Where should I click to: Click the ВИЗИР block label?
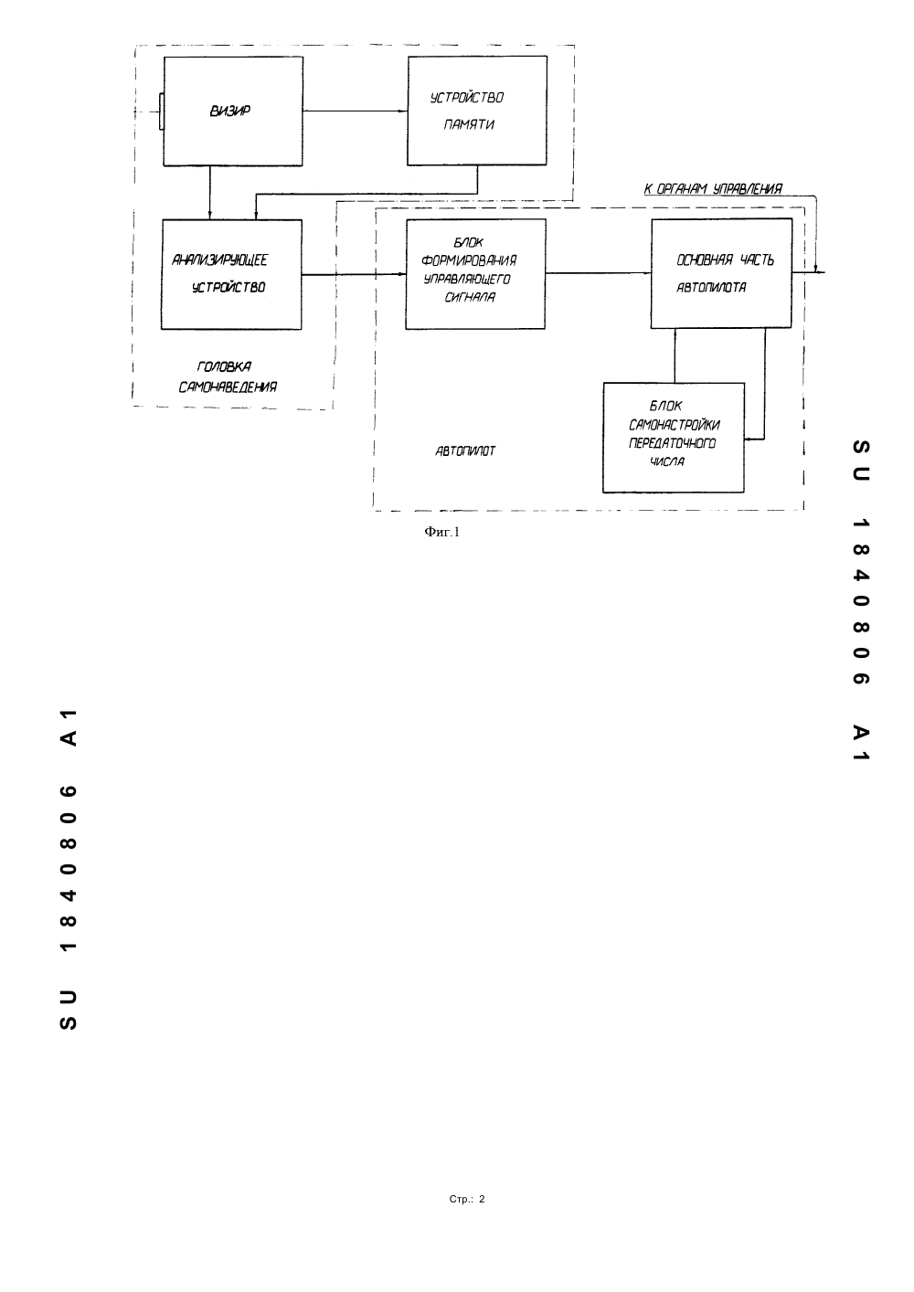[229, 111]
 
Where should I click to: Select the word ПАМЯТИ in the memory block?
[469, 124]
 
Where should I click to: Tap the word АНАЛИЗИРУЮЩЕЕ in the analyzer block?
[220, 260]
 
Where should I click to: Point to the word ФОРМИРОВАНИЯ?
[469, 260]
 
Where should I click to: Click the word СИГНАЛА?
[470, 298]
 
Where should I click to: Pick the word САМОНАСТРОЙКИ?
[674, 425]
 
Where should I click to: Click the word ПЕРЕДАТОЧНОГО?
[672, 443]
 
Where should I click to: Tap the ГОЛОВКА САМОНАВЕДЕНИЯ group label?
[228, 376]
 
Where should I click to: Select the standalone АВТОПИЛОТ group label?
[465, 451]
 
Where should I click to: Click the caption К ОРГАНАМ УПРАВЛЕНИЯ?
[713, 188]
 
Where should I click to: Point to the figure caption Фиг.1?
[442, 532]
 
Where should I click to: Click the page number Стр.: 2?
[467, 1199]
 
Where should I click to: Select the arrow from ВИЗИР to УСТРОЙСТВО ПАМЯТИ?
[355, 111]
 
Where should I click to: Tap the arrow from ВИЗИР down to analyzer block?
[209, 193]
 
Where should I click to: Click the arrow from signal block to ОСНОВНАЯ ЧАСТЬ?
[599, 273]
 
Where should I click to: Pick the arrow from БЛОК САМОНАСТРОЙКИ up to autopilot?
[675, 355]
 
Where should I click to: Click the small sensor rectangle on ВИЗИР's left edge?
[162, 111]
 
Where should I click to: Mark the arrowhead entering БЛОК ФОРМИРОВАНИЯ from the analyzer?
[403, 274]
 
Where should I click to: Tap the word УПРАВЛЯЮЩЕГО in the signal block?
[467, 280]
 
